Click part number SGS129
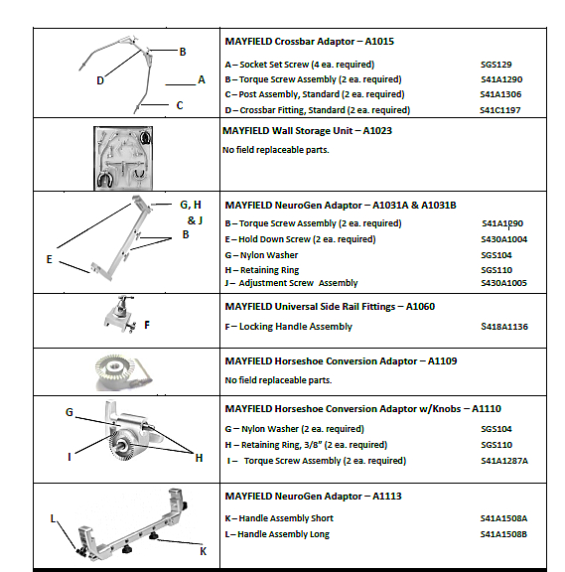click(495, 65)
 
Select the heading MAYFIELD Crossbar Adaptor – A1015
click(309, 42)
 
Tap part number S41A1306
click(500, 94)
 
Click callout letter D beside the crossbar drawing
click(100, 80)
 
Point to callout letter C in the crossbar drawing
click(180, 105)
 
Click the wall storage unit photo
click(123, 158)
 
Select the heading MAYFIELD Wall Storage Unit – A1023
click(307, 131)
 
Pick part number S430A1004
click(503, 239)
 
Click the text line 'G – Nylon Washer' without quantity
click(261, 255)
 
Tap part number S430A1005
click(503, 283)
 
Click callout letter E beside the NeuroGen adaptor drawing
click(50, 259)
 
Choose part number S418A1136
click(504, 327)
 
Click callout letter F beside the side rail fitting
click(147, 325)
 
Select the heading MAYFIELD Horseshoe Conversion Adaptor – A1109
click(341, 361)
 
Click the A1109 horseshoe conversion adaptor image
click(123, 372)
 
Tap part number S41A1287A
click(504, 461)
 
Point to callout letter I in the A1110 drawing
click(69, 457)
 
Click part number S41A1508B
click(503, 534)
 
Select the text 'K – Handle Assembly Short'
click(279, 518)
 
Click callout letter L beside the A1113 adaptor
click(53, 518)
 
